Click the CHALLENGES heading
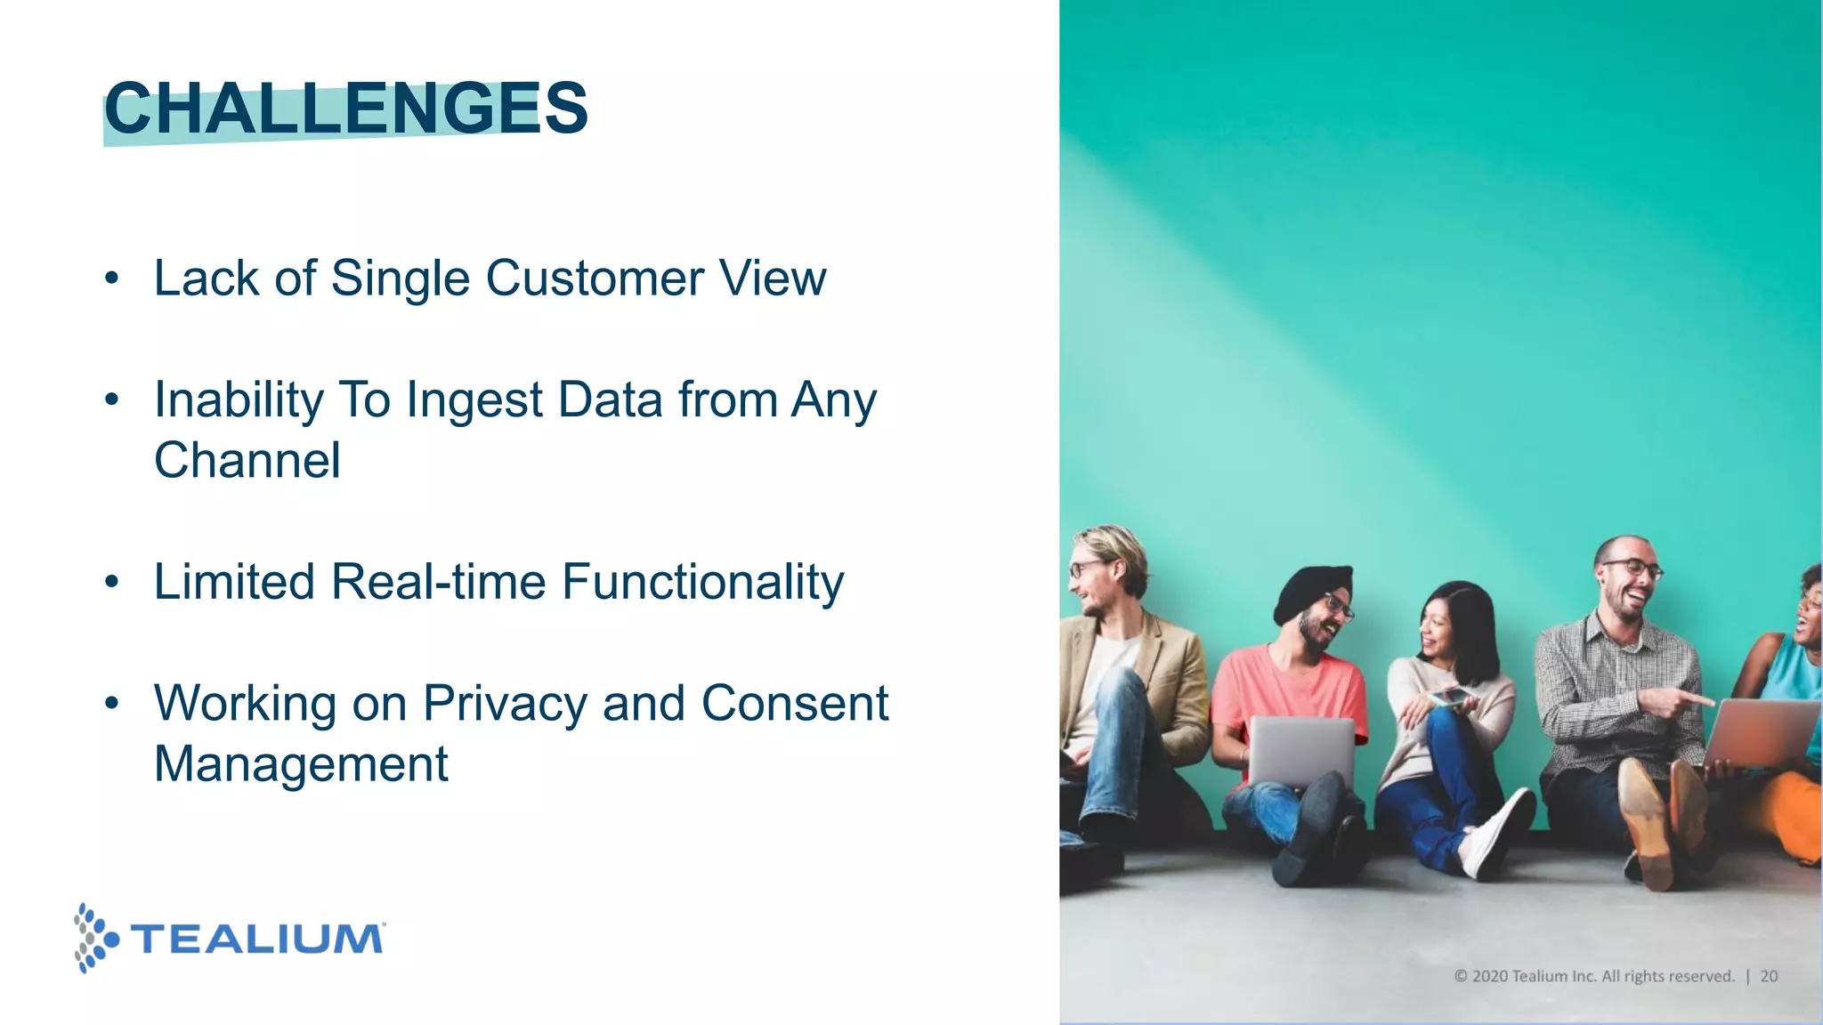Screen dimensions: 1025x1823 tap(345, 109)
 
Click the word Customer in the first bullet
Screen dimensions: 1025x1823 tap(595, 278)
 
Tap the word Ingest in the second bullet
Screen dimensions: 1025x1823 tap(474, 400)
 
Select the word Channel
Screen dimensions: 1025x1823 tap(247, 460)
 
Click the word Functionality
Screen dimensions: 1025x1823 tap(702, 582)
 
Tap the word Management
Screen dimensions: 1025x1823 tap(301, 764)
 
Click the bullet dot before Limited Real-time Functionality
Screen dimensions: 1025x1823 tap(111, 583)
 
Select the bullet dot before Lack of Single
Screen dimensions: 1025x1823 tap(111, 279)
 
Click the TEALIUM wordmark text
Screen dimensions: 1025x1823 tap(257, 940)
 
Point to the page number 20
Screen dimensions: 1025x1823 tap(1769, 976)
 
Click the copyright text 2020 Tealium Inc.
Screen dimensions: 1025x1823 tap(1593, 976)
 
